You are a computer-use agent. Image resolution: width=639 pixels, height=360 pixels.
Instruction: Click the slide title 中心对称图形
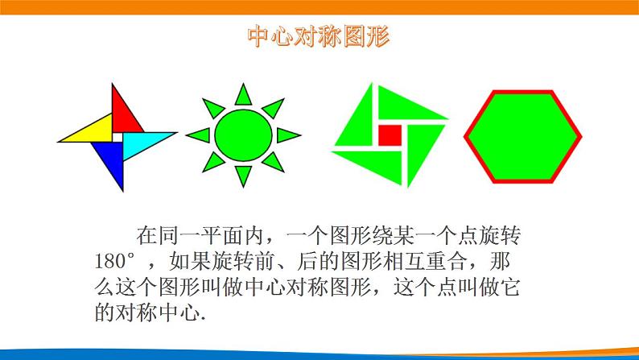click(x=319, y=39)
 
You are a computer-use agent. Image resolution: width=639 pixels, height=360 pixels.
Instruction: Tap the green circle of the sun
click(x=243, y=134)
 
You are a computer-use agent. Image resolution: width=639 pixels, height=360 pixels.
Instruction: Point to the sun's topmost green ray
click(x=244, y=94)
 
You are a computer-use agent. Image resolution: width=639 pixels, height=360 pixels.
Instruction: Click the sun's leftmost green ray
click(x=198, y=134)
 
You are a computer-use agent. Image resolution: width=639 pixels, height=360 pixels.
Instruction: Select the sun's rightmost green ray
click(x=289, y=134)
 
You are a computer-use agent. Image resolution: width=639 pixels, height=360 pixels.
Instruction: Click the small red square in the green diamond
click(x=389, y=134)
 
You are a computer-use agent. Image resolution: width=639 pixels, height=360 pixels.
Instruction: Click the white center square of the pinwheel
click(x=116, y=138)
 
